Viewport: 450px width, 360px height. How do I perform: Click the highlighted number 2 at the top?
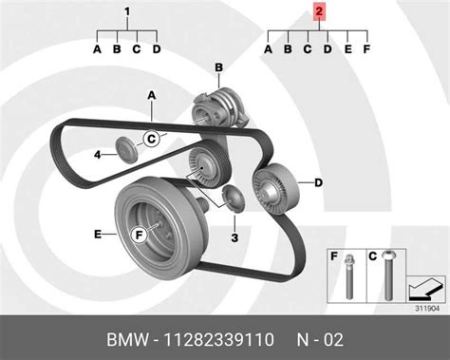[x=319, y=12]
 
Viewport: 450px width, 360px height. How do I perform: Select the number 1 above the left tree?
[x=126, y=12]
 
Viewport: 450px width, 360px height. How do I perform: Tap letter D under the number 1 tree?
[x=157, y=48]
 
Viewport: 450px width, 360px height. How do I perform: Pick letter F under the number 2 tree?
[x=367, y=48]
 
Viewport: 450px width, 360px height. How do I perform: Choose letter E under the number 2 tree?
[x=347, y=48]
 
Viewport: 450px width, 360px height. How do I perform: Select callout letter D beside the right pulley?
[x=318, y=181]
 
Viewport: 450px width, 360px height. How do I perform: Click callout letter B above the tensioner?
[x=217, y=67]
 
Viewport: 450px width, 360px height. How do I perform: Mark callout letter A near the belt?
[x=150, y=95]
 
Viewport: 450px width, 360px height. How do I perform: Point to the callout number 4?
[x=97, y=154]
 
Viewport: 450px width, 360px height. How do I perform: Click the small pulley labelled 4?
[x=123, y=148]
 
